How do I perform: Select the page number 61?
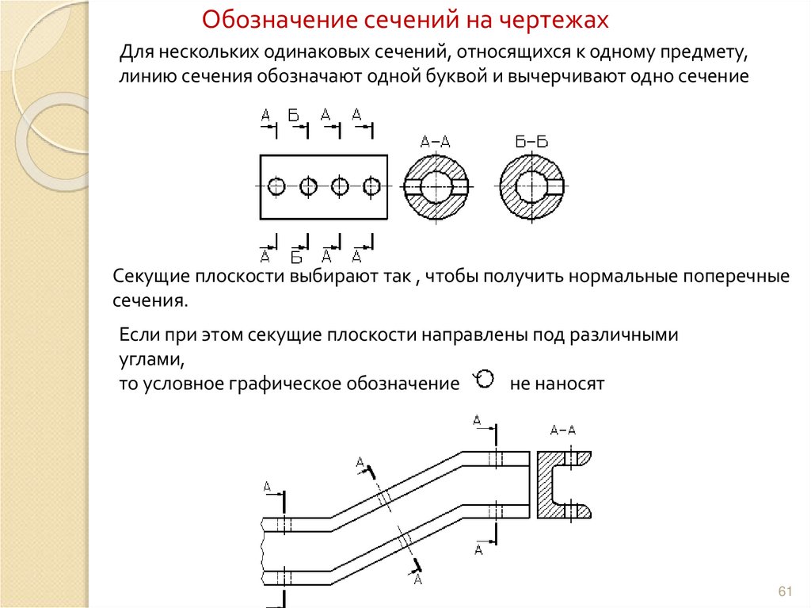pyautogui.click(x=786, y=591)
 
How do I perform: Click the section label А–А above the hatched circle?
pyautogui.click(x=435, y=143)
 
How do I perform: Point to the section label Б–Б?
pyautogui.click(x=531, y=143)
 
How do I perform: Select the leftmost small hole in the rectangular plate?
pyautogui.click(x=276, y=187)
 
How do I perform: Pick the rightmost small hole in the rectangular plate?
pyautogui.click(x=371, y=187)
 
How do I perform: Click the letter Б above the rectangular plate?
pyautogui.click(x=293, y=116)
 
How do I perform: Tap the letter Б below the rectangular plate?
pyautogui.click(x=296, y=257)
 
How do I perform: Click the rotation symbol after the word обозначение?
pyautogui.click(x=485, y=379)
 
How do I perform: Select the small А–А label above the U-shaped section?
pyautogui.click(x=562, y=430)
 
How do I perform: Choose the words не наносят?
pyautogui.click(x=557, y=384)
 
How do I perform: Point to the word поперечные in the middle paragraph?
pyautogui.click(x=743, y=277)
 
